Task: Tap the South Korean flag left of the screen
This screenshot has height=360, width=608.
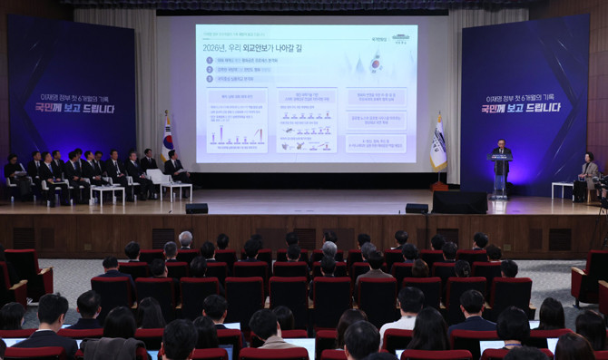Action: coord(168,141)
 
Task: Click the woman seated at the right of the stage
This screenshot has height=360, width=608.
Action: coord(590,174)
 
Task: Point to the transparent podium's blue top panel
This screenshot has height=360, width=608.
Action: coord(500,159)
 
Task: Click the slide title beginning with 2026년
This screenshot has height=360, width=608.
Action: coord(249,44)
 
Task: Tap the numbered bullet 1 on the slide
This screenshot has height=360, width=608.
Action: coord(210,60)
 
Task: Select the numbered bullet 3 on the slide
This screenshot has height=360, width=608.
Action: coord(210,78)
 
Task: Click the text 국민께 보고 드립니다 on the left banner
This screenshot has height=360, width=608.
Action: coord(71,109)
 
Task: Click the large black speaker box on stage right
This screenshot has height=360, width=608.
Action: coord(459,201)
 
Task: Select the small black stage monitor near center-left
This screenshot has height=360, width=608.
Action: coord(196,209)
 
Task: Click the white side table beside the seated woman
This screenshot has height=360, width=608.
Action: coord(563,189)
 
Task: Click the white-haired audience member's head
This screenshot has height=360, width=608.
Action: coord(186,238)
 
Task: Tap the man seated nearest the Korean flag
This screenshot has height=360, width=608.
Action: coord(173,168)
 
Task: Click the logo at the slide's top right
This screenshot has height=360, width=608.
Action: coord(400,38)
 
